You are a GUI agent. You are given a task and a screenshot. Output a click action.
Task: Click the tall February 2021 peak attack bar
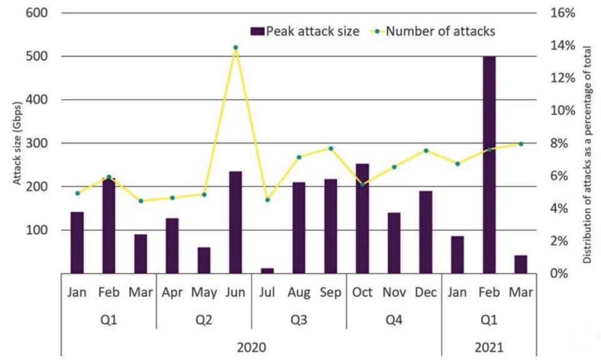coord(489,167)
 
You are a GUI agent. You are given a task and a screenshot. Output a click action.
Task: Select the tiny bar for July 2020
coord(267,270)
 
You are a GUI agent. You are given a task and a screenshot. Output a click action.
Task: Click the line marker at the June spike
coord(235,48)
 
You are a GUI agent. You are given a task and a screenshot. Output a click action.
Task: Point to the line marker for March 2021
coord(521,144)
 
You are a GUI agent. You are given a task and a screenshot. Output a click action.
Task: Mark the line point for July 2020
coord(267,200)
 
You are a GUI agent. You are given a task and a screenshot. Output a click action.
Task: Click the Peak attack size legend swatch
coord(257,31)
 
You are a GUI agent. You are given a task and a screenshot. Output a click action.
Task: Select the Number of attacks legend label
coord(440,31)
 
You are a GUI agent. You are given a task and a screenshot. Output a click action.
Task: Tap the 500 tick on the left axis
coord(36,56)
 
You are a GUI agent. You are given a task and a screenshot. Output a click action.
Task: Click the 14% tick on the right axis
coord(562,45)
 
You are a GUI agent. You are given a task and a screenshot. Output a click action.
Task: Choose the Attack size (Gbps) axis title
coord(18,144)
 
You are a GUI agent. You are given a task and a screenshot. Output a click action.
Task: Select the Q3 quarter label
coord(299,320)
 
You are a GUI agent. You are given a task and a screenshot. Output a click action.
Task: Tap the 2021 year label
coord(489,348)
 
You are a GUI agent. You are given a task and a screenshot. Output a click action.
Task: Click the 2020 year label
coord(252,348)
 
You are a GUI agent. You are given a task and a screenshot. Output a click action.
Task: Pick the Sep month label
coord(331,292)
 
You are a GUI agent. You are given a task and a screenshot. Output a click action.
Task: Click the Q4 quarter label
coord(394,320)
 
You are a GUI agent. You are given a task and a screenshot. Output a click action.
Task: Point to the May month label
coord(204,292)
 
